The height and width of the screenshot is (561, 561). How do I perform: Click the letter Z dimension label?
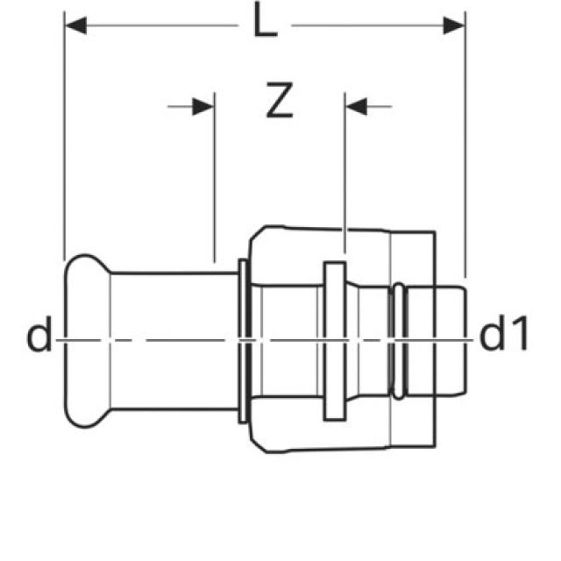[279, 103]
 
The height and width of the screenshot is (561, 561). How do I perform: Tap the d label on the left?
[39, 337]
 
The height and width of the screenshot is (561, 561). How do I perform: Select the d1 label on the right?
[504, 337]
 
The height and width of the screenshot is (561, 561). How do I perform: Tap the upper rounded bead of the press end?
[83, 268]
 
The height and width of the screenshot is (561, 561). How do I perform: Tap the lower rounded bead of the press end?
[83, 408]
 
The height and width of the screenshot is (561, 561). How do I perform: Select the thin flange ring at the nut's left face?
[241, 337]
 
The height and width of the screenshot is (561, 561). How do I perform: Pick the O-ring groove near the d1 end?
[399, 337]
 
